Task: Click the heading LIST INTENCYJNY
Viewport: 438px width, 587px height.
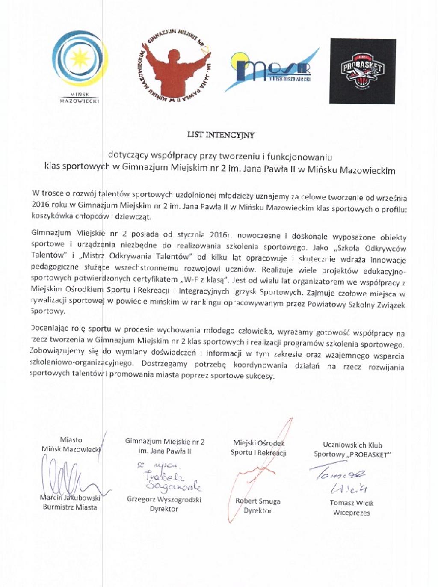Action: pyautogui.click(x=221, y=135)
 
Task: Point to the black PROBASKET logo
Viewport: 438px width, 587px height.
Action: pyautogui.click(x=362, y=71)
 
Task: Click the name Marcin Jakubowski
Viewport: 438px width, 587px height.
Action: pyautogui.click(x=70, y=498)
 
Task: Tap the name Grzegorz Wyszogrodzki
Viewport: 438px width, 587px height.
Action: pyautogui.click(x=164, y=499)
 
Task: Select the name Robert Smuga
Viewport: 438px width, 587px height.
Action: pyautogui.click(x=257, y=501)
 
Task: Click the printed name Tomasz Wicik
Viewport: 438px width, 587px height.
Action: pyautogui.click(x=352, y=503)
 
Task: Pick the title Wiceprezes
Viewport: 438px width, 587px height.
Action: pyautogui.click(x=351, y=513)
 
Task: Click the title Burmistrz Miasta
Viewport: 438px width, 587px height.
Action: pyautogui.click(x=70, y=507)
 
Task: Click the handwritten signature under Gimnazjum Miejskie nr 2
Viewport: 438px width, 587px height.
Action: pyautogui.click(x=171, y=479)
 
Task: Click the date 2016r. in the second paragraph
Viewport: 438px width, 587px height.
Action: pyautogui.click(x=220, y=234)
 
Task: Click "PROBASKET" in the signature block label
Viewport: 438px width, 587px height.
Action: pyautogui.click(x=368, y=454)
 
